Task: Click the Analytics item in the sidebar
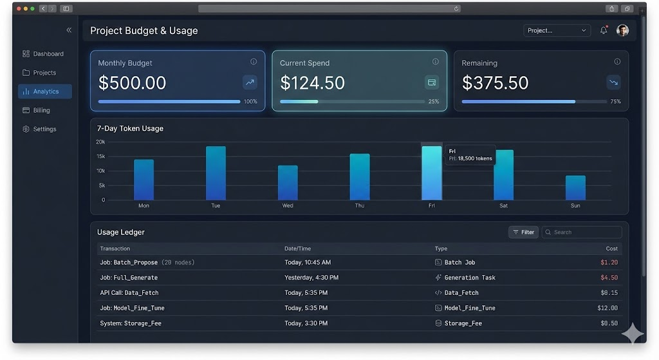(x=45, y=91)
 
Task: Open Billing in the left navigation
(x=41, y=110)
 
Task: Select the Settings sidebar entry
(x=44, y=129)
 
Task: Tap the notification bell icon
(x=604, y=30)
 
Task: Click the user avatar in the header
(x=622, y=30)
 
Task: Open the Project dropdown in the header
(x=557, y=30)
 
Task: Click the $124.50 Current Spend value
(x=313, y=83)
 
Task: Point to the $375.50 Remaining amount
(x=495, y=83)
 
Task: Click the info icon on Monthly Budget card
(x=254, y=62)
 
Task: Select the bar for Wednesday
(x=288, y=183)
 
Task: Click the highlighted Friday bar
(x=432, y=173)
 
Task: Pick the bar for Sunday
(x=575, y=187)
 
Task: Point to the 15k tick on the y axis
(x=101, y=156)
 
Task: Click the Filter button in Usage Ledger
(x=523, y=232)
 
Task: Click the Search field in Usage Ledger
(x=582, y=232)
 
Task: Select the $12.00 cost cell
(x=607, y=308)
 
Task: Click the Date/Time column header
(x=298, y=249)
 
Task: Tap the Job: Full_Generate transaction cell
(x=129, y=278)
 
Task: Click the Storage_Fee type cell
(x=463, y=323)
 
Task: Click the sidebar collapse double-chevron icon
(x=69, y=30)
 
